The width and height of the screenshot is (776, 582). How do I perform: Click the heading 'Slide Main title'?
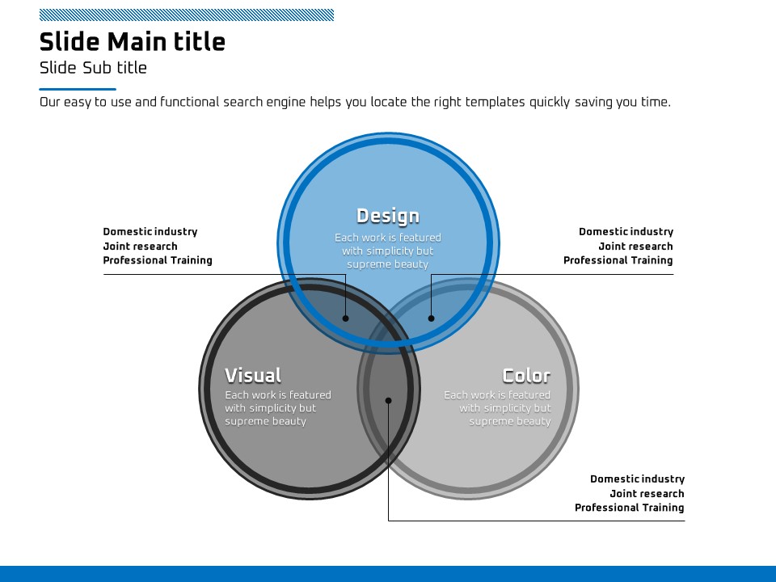pos(133,42)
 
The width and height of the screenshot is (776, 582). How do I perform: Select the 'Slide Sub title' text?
pos(93,68)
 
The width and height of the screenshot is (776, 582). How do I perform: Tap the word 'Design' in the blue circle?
pos(388,216)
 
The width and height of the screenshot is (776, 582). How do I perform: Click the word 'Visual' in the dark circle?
pos(253,376)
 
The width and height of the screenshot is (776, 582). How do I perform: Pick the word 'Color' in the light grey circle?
pos(526,376)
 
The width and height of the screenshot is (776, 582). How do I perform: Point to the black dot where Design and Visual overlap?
pos(346,318)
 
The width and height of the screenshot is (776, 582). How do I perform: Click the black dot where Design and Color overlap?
pos(431,318)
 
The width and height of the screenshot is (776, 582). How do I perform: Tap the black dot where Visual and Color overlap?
pos(388,400)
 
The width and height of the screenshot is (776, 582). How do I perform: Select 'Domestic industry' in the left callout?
pos(150,232)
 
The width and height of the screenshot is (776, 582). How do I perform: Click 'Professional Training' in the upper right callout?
pos(618,260)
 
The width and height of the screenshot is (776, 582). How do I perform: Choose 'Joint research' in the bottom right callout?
pos(647,494)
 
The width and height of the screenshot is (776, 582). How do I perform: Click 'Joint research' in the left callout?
pos(140,247)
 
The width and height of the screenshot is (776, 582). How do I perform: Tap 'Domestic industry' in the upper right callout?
pos(626,232)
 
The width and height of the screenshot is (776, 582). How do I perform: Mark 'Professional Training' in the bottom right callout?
pos(629,508)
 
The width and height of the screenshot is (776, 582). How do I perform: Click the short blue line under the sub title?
pos(78,89)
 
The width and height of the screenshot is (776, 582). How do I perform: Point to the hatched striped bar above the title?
pos(186,15)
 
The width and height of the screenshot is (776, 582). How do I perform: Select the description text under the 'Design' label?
pos(388,251)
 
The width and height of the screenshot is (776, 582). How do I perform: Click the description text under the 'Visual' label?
pos(278,408)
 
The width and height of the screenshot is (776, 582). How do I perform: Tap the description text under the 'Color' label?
pos(498,408)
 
